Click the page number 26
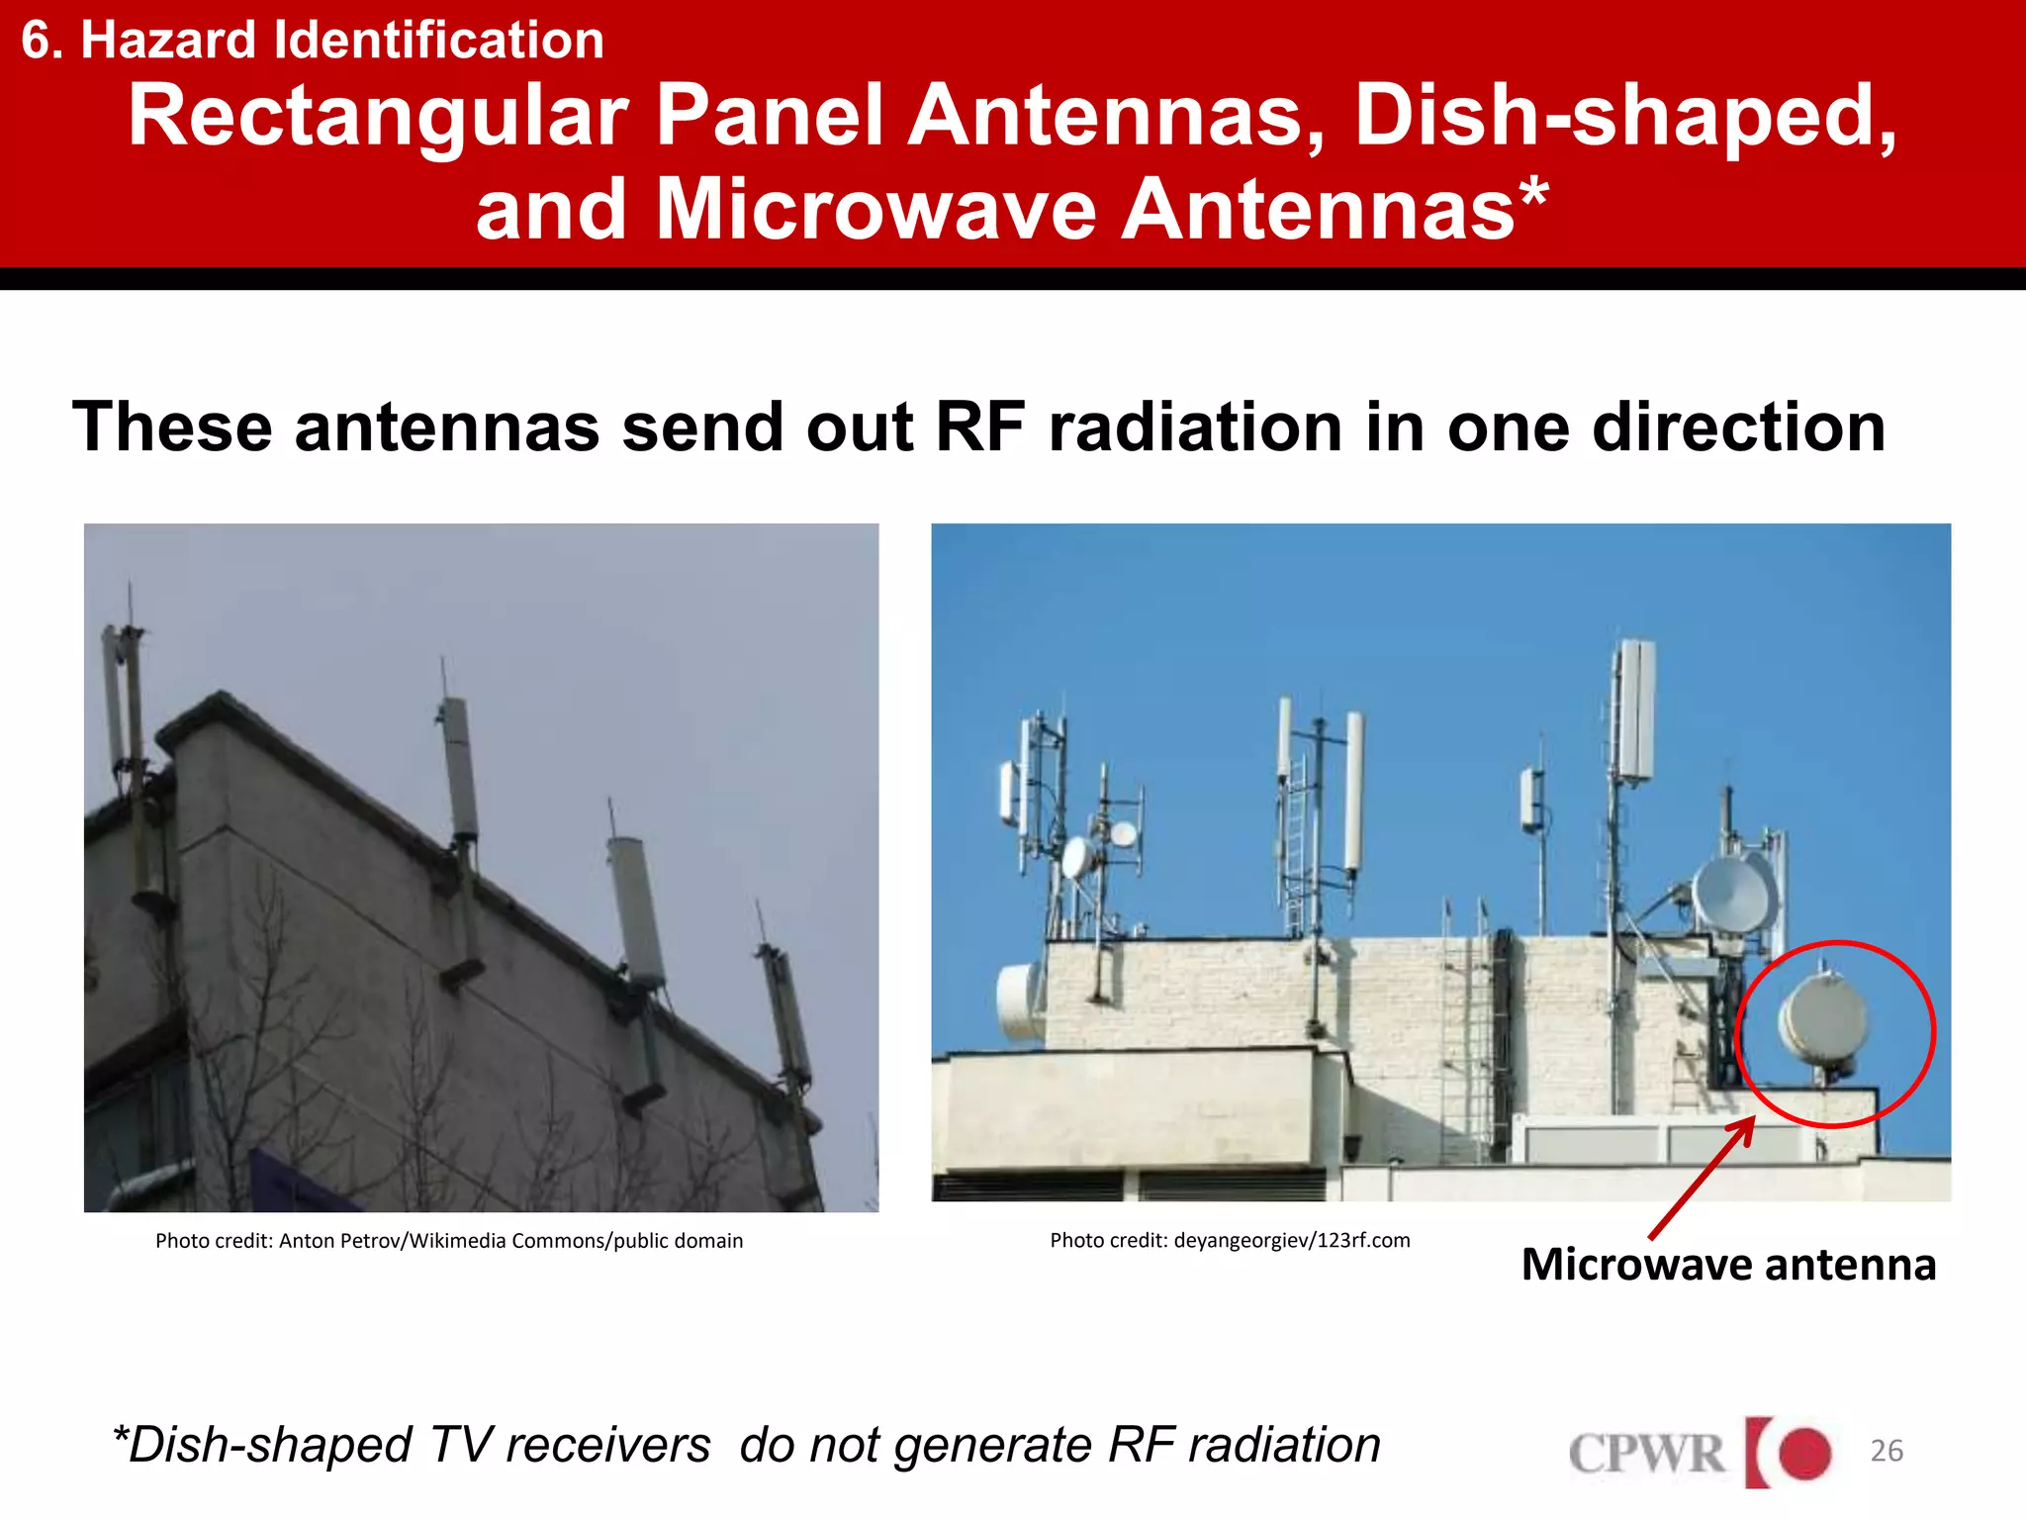[1886, 1451]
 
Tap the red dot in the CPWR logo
[1804, 1453]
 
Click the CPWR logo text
[1646, 1454]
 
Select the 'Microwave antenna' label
[1728, 1265]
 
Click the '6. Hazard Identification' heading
[313, 41]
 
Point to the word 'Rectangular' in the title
[379, 116]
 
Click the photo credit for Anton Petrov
[449, 1241]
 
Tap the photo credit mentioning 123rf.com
[1230, 1241]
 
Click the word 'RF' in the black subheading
[979, 427]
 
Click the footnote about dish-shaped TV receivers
[747, 1445]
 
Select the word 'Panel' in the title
[770, 116]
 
